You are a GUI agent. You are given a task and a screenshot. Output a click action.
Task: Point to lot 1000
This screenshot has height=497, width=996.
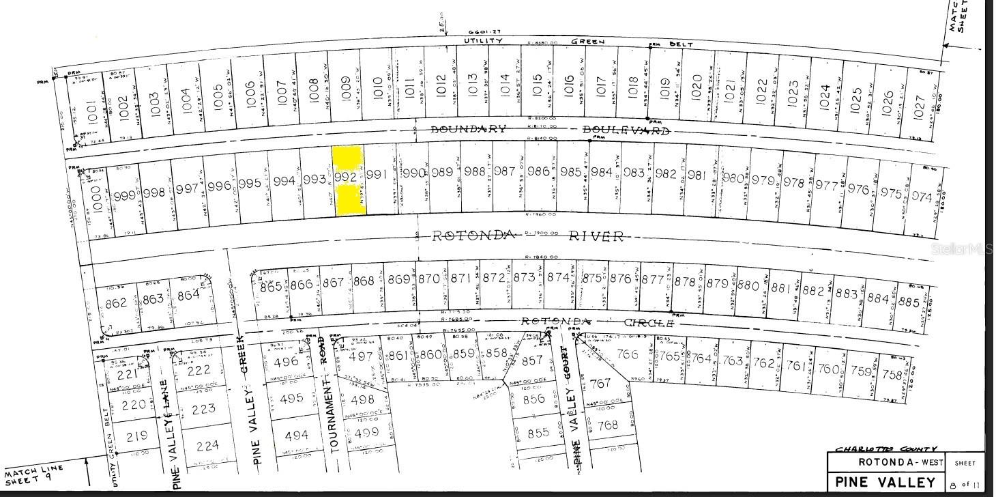pyautogui.click(x=96, y=197)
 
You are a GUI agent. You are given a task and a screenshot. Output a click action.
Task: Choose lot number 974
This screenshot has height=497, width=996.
pyautogui.click(x=921, y=197)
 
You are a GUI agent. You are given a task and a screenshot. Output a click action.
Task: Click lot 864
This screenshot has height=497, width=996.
pyautogui.click(x=188, y=295)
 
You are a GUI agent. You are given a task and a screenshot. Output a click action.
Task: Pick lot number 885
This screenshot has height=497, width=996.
pyautogui.click(x=909, y=301)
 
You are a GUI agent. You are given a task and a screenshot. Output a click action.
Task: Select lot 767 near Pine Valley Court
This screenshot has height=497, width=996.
pyautogui.click(x=600, y=383)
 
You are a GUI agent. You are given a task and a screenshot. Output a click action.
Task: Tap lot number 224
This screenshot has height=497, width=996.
pyautogui.click(x=207, y=446)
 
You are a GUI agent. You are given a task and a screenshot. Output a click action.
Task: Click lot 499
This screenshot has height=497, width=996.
pyautogui.click(x=366, y=432)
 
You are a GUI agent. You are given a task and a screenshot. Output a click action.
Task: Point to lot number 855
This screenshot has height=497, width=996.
pyautogui.click(x=538, y=432)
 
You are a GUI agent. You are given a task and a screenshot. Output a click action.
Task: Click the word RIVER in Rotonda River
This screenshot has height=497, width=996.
pyautogui.click(x=596, y=236)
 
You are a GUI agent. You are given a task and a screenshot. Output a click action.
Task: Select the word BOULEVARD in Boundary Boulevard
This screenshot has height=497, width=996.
pyautogui.click(x=625, y=130)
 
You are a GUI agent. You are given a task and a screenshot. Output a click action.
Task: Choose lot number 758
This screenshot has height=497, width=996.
pyautogui.click(x=892, y=375)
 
